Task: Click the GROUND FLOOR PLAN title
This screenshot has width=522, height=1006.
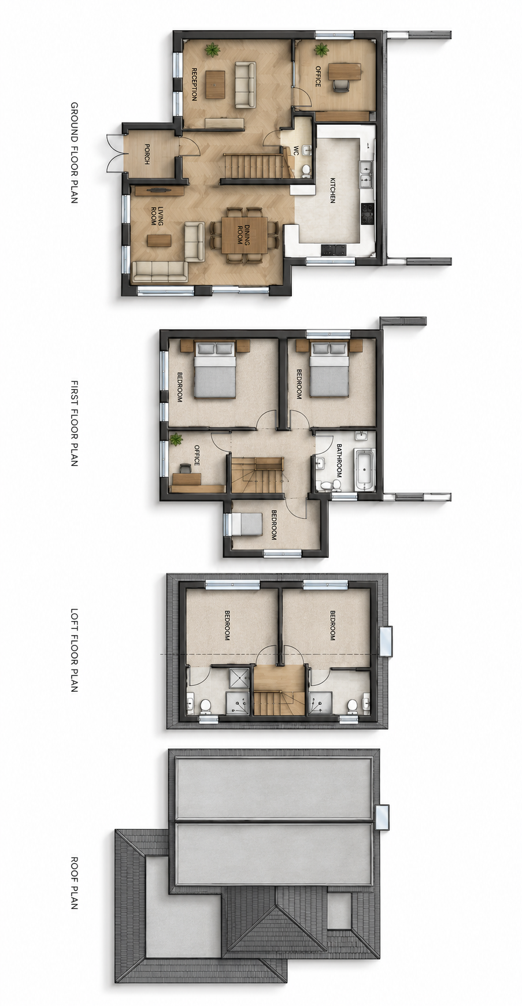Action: click(x=74, y=153)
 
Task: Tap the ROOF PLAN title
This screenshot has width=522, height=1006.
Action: click(x=74, y=883)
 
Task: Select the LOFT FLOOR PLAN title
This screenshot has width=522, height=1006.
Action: click(x=74, y=649)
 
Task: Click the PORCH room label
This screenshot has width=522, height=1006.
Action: click(x=147, y=154)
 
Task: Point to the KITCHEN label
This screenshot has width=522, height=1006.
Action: click(x=332, y=190)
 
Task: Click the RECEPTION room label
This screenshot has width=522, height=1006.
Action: click(x=194, y=84)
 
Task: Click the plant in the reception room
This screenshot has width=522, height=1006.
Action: click(x=213, y=50)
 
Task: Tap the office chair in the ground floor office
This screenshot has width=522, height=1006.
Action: click(x=341, y=86)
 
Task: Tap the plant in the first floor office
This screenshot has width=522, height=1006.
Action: click(x=176, y=440)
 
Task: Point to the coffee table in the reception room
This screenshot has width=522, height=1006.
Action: click(x=216, y=84)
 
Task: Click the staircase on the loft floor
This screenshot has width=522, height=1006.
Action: click(x=279, y=691)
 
